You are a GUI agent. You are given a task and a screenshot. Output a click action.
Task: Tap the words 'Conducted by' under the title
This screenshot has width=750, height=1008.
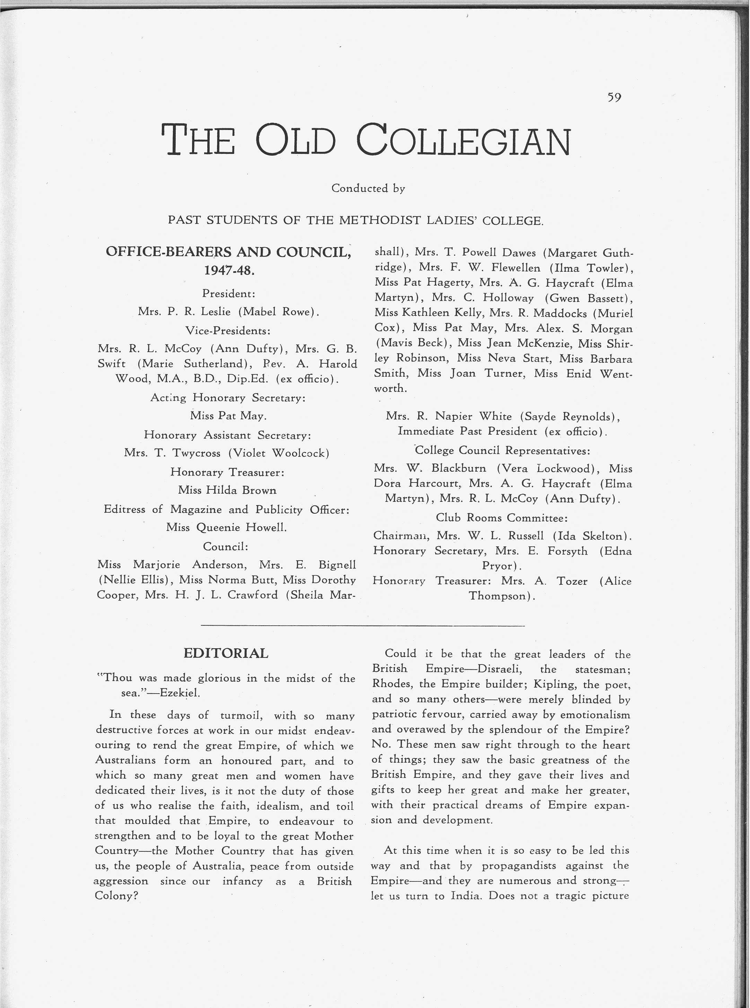[368, 188]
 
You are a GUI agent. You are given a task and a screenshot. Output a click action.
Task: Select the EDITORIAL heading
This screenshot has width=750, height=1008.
[226, 653]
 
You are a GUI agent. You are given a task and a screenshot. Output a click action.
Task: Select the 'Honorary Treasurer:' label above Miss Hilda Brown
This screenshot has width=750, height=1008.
[227, 472]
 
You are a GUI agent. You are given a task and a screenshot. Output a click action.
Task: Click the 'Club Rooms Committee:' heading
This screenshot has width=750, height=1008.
[502, 518]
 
